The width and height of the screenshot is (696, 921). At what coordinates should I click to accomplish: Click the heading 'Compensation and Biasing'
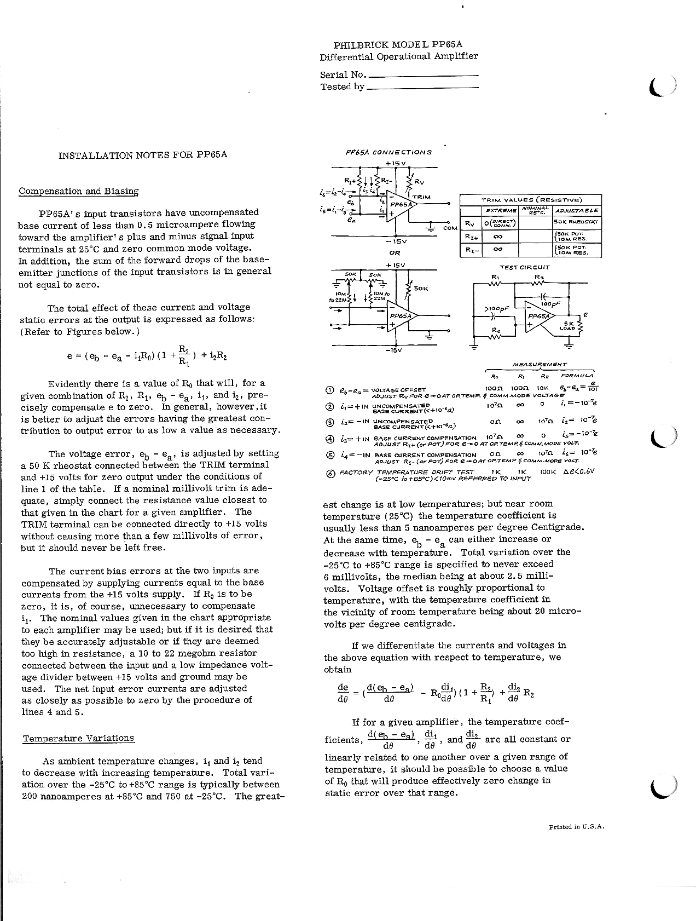[78, 191]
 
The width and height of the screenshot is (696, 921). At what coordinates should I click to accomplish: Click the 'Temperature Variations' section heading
[78, 738]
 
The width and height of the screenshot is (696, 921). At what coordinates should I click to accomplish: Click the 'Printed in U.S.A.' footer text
[576, 827]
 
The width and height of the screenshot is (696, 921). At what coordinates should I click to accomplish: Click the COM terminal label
[450, 228]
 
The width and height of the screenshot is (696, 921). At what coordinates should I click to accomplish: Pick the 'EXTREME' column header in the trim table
[501, 210]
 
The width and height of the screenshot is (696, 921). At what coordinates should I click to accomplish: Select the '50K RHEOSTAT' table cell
[576, 222]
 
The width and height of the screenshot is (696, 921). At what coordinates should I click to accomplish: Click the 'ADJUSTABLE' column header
[577, 210]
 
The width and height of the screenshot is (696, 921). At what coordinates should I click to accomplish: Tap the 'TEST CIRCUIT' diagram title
[524, 267]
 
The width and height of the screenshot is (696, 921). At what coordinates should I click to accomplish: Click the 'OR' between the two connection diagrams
[395, 253]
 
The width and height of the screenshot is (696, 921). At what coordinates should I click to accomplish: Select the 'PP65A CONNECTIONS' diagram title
[388, 152]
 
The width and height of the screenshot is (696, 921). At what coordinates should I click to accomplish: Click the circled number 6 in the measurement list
[330, 474]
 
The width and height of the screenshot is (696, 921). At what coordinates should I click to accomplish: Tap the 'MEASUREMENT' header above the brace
[539, 364]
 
